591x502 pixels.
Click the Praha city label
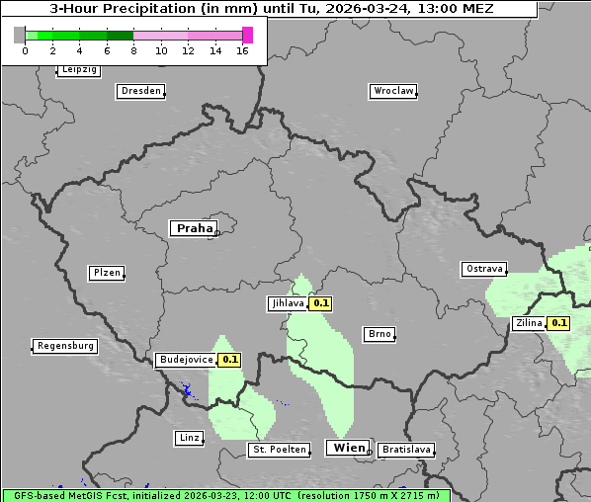pos(194,228)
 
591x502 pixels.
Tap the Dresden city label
pos(139,91)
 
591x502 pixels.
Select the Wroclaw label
pos(392,91)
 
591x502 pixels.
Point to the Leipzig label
pos(78,70)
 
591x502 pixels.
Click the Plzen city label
pos(106,273)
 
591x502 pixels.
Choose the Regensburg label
pos(65,346)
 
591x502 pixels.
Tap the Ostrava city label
pos(483,269)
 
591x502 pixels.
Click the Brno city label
pos(380,334)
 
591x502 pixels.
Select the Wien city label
pos(349,448)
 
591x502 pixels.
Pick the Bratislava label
pos(406,450)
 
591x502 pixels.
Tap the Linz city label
pos(189,438)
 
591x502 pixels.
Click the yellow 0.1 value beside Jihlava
pos(321,303)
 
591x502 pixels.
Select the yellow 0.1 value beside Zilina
pos(559,323)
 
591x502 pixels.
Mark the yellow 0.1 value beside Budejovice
pos(229,360)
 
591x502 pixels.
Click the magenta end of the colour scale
pos(247,35)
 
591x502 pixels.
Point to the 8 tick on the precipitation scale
pos(133,50)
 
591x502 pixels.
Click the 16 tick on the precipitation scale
pos(242,50)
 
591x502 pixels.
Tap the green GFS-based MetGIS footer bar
pos(225,495)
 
